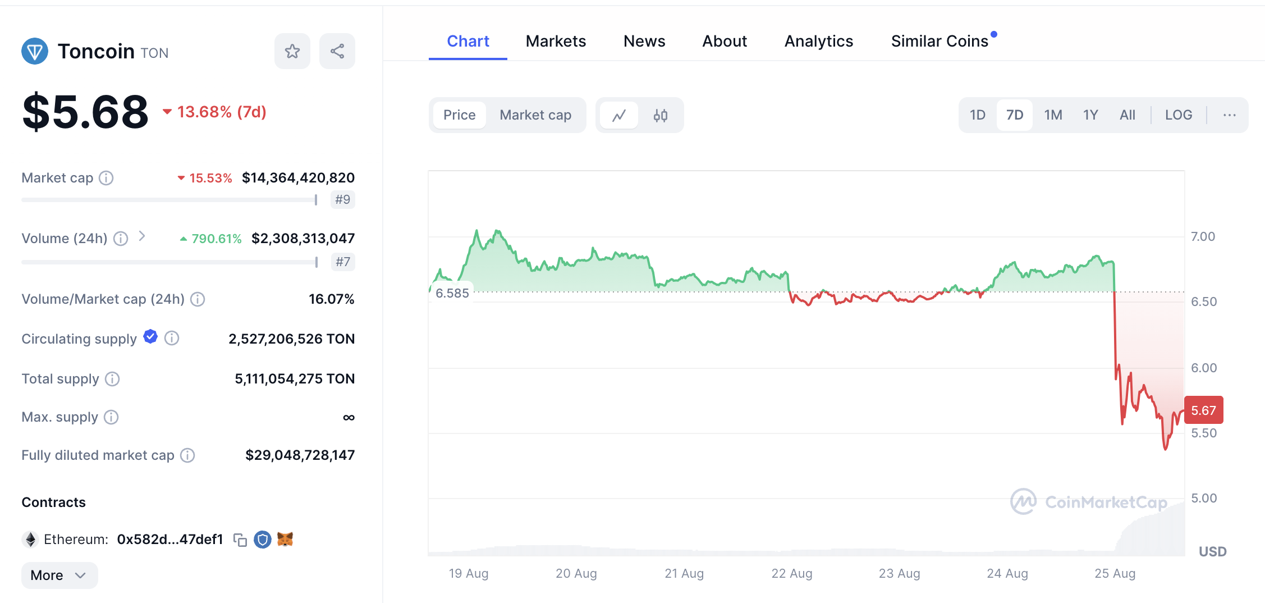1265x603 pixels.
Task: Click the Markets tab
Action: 556,41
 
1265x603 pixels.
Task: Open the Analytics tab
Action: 818,41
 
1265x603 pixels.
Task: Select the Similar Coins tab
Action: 939,41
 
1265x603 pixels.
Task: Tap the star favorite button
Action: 292,51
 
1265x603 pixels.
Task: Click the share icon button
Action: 337,51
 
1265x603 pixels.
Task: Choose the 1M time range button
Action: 1053,115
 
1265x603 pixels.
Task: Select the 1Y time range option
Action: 1090,115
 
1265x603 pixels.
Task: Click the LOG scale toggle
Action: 1178,115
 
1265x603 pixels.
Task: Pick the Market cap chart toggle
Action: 535,115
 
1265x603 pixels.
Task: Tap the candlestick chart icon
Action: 661,116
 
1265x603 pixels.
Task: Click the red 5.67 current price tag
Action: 1203,410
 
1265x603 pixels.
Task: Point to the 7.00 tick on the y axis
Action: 1203,236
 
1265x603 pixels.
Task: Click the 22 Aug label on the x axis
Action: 792,573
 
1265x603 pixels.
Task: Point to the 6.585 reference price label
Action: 452,293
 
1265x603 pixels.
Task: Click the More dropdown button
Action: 59,575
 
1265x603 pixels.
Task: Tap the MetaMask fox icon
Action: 285,540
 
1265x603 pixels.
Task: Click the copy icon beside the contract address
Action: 240,540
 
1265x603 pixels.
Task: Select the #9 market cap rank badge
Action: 342,199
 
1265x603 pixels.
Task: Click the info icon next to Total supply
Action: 112,379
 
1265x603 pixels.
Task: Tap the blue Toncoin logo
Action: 35,51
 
